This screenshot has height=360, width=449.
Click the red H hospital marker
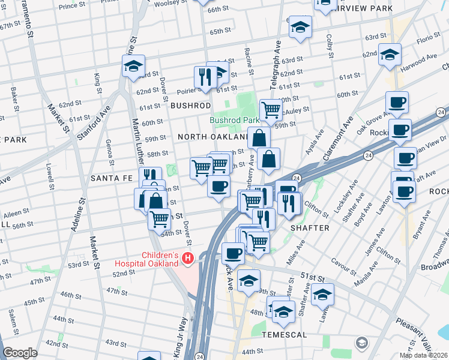(x=188, y=259)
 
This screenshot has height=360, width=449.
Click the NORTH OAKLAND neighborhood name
(x=213, y=137)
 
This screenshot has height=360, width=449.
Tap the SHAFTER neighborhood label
(x=310, y=228)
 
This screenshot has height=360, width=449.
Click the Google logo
(x=20, y=353)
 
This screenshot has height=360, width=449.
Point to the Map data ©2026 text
(x=423, y=355)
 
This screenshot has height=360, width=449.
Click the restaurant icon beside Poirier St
(x=205, y=77)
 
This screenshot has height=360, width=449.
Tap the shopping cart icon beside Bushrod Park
(x=271, y=110)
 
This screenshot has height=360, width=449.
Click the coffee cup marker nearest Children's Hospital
(x=233, y=253)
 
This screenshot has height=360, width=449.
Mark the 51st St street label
(x=316, y=277)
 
